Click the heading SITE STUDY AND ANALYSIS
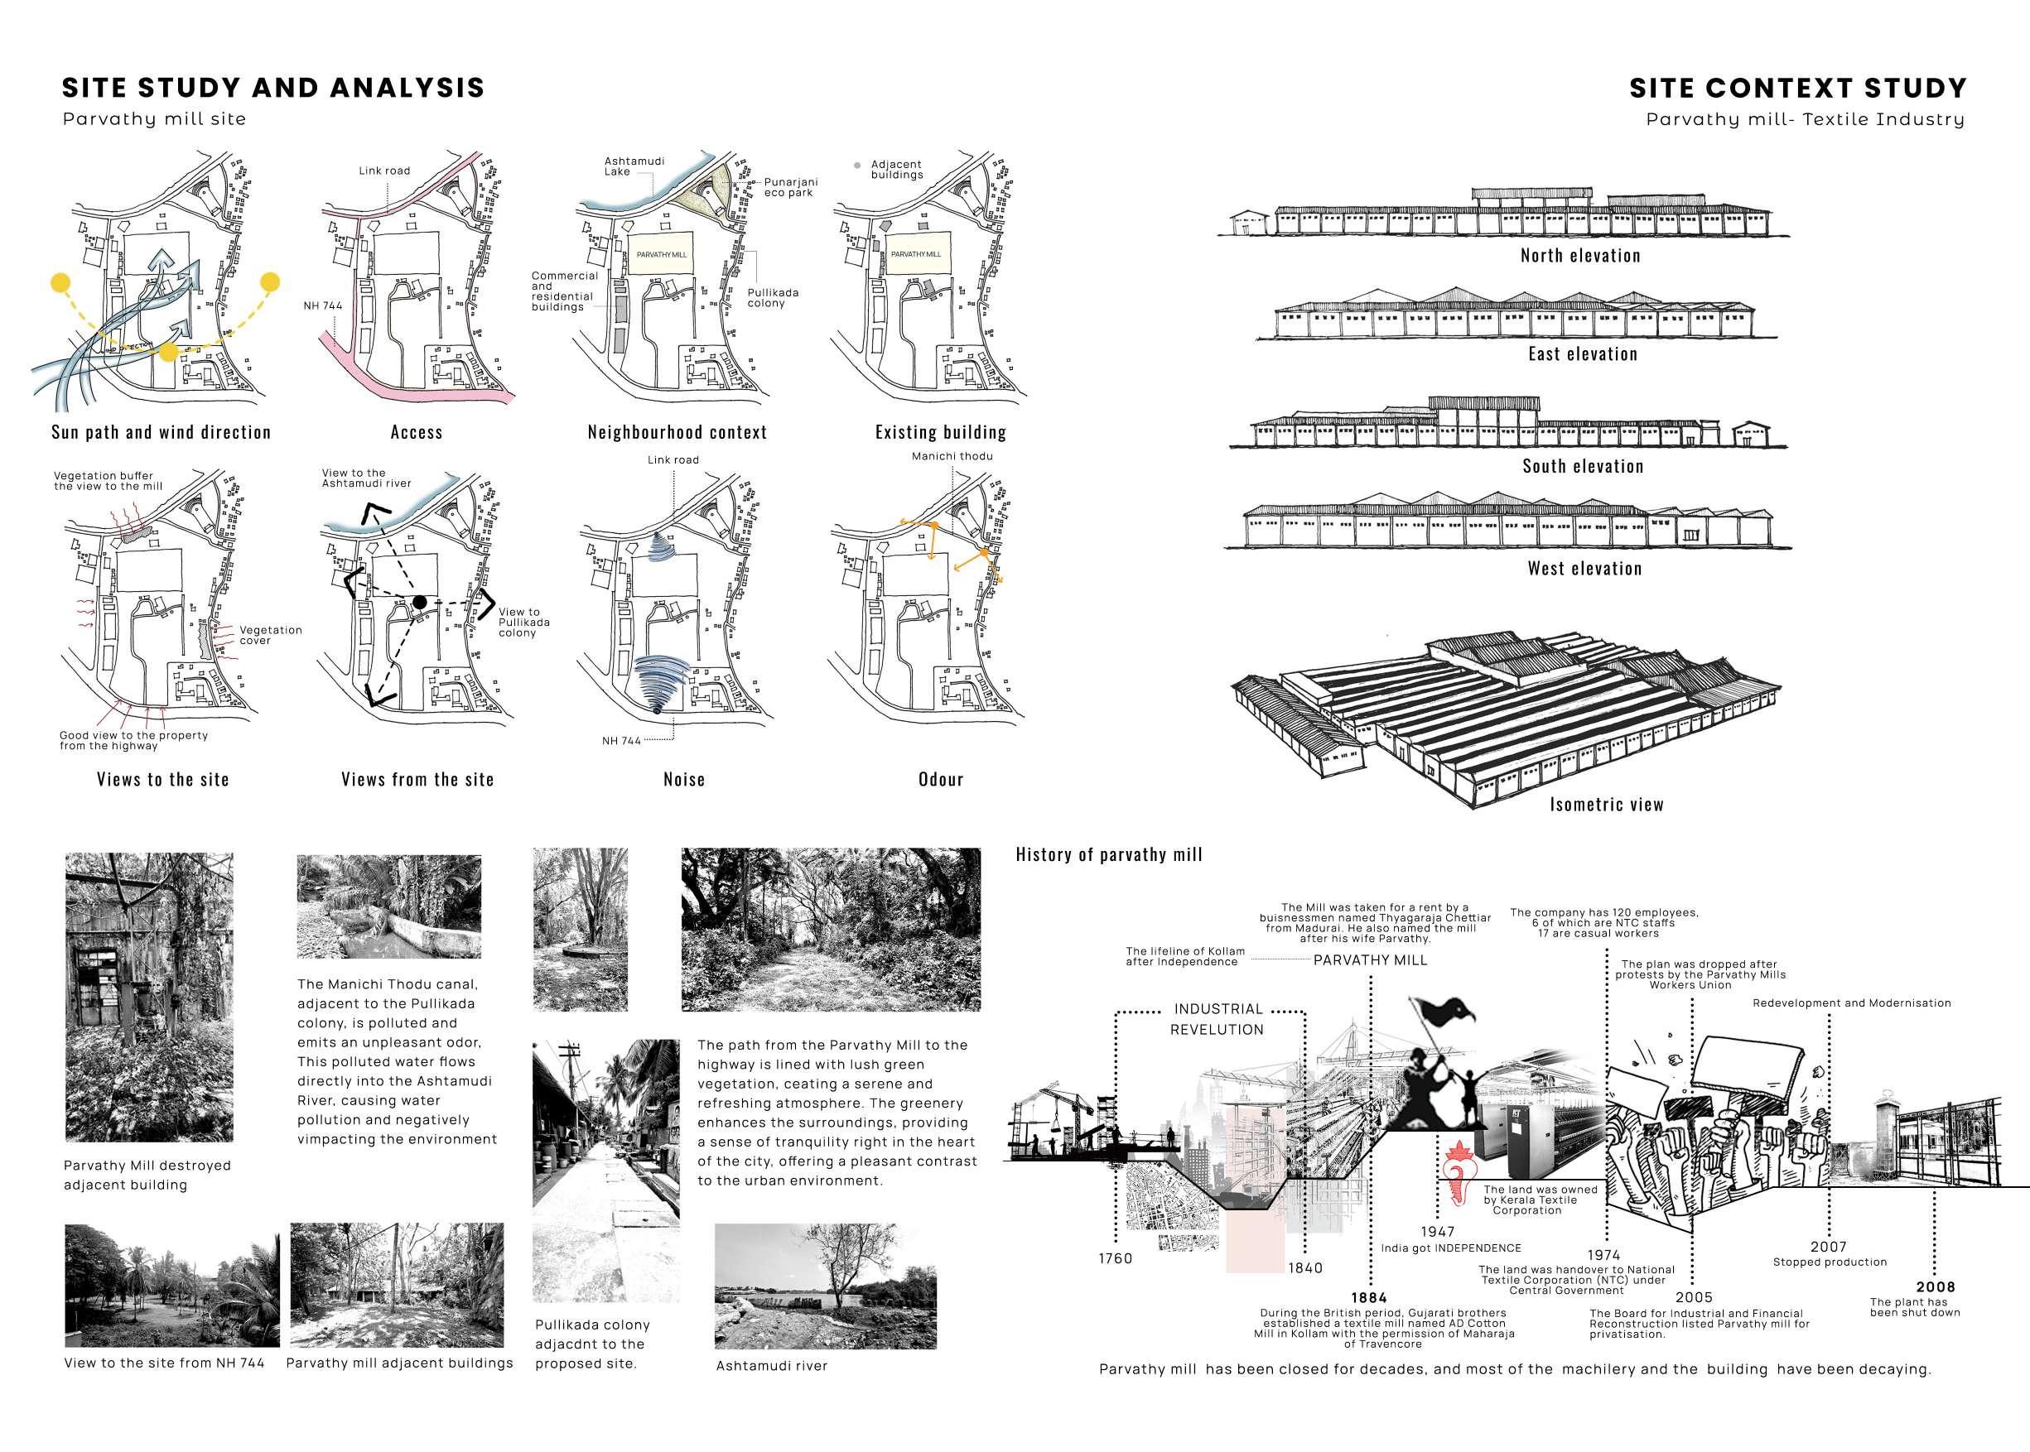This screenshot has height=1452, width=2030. pyautogui.click(x=272, y=88)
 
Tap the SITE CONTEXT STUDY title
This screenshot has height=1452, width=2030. pyautogui.click(x=1797, y=88)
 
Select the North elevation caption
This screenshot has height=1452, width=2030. pyautogui.click(x=1580, y=256)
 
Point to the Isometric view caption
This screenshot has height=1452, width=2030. pyautogui.click(x=1606, y=805)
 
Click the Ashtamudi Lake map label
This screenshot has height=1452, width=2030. pyautogui.click(x=634, y=166)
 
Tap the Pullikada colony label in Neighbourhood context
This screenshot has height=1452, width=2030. pyautogui.click(x=773, y=298)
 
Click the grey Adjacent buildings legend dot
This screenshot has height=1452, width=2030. pyautogui.click(x=857, y=166)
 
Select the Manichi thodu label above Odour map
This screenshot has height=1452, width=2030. pyautogui.click(x=952, y=456)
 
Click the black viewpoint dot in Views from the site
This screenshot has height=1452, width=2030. pyautogui.click(x=419, y=602)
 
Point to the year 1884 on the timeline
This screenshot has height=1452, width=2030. pyautogui.click(x=1368, y=1297)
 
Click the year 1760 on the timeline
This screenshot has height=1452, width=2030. pyautogui.click(x=1115, y=1259)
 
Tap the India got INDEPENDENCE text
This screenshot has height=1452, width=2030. pyautogui.click(x=1450, y=1248)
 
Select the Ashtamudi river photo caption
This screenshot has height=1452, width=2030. pyautogui.click(x=772, y=1366)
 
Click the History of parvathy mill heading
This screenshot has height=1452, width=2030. pyautogui.click(x=1109, y=855)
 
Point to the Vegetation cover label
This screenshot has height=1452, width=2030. pyautogui.click(x=270, y=635)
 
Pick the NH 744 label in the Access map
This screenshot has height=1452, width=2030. pyautogui.click(x=323, y=305)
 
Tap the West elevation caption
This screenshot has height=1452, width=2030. pyautogui.click(x=1584, y=569)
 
